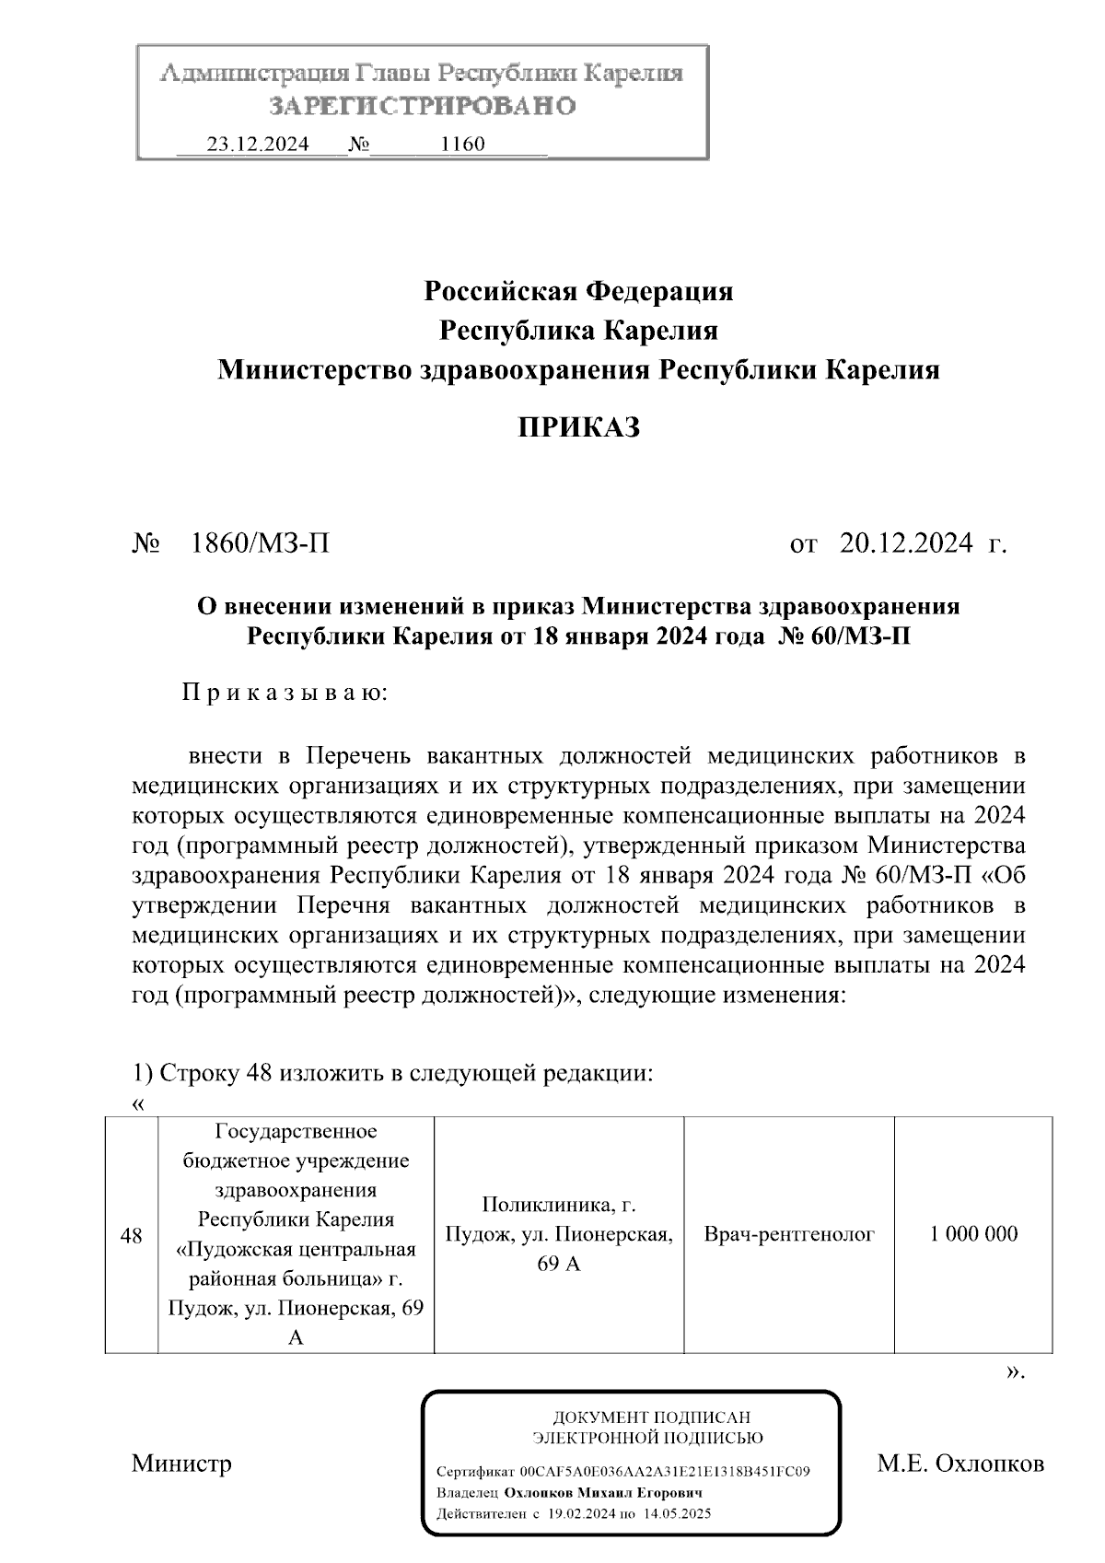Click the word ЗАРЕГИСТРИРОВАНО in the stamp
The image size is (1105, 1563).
[423, 106]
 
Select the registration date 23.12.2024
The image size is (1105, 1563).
[258, 145]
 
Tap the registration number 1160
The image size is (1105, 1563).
[463, 145]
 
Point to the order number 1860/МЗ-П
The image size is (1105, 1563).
[259, 543]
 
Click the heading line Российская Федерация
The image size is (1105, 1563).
[578, 292]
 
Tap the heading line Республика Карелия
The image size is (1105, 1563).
[578, 331]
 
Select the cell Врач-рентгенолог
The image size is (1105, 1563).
[789, 1234]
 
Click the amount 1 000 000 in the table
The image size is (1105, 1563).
[973, 1234]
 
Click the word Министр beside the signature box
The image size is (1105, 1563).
[181, 1464]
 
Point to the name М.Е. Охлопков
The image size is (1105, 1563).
[960, 1464]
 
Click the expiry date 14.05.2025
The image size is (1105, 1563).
[677, 1514]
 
